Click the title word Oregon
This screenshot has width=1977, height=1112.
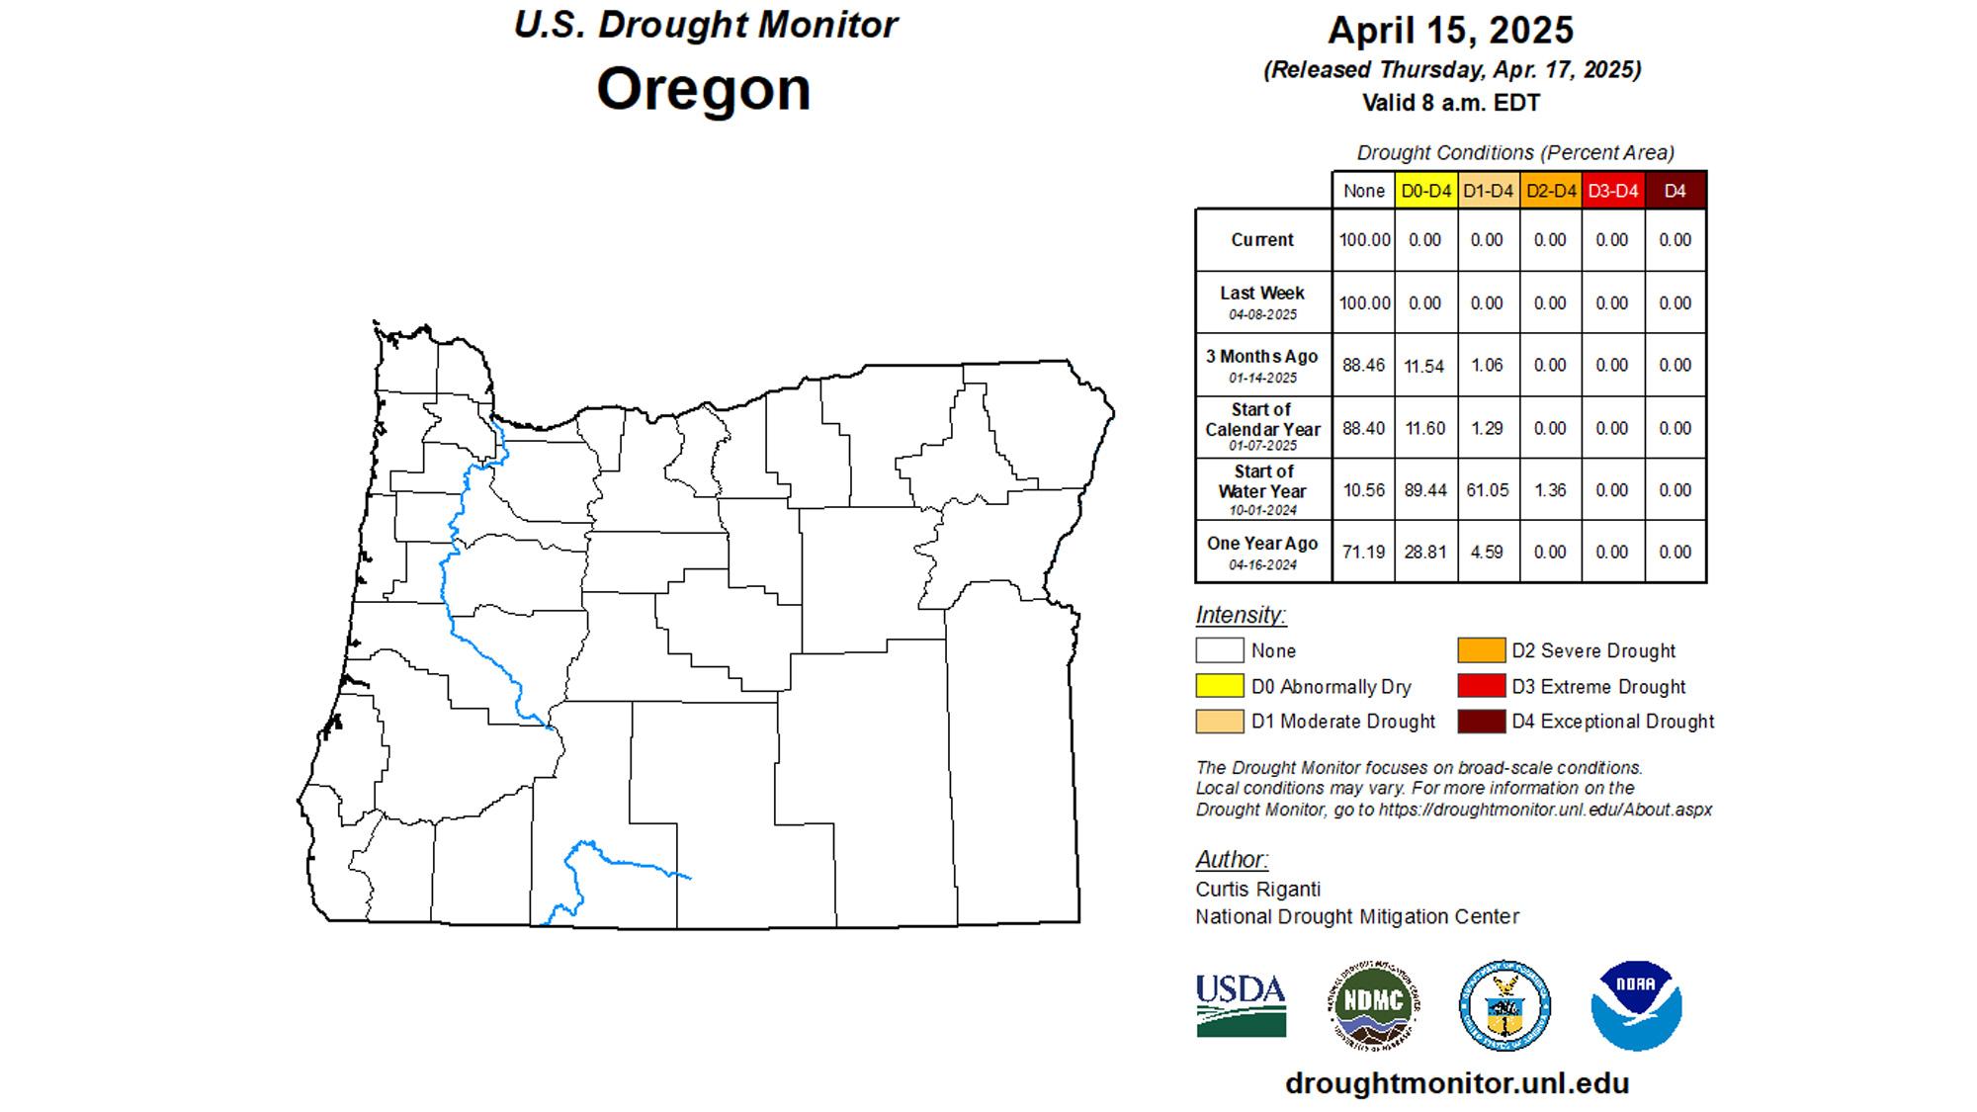(x=704, y=89)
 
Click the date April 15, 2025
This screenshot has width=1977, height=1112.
(x=1450, y=30)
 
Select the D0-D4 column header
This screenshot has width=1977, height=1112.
(x=1425, y=191)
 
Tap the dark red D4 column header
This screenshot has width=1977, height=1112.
(x=1675, y=191)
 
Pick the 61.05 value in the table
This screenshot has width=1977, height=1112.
(x=1487, y=490)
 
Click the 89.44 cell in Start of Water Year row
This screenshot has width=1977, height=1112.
(x=1424, y=490)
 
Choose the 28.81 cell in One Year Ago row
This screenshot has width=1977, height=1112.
(x=1424, y=553)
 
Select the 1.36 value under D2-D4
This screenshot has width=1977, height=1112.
(x=1550, y=490)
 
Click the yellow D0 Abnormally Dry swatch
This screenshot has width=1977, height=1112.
(x=1219, y=686)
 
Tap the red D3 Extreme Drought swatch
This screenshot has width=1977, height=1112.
(x=1481, y=686)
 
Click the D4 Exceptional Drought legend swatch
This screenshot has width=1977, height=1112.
(x=1481, y=722)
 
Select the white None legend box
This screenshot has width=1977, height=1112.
(x=1219, y=650)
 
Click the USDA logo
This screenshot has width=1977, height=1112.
(x=1241, y=1005)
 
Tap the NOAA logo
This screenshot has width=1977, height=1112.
(x=1636, y=1005)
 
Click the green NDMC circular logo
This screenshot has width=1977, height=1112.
(x=1373, y=1005)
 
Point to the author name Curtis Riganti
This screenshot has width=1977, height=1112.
(x=1257, y=889)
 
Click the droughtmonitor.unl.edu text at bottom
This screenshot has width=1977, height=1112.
(x=1457, y=1083)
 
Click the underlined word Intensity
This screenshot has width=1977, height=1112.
(x=1240, y=615)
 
